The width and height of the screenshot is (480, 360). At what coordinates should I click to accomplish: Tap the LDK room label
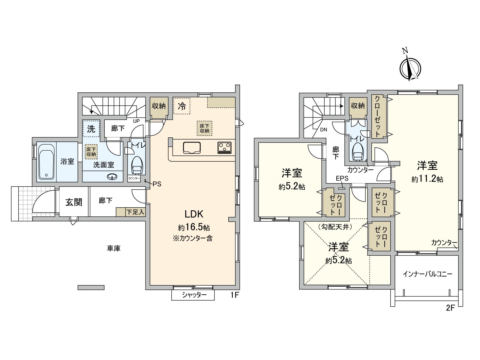[194, 214]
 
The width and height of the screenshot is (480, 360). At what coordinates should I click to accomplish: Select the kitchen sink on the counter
[192, 148]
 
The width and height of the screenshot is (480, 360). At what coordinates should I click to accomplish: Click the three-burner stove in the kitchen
[224, 148]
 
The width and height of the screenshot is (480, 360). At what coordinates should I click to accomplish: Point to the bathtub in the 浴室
[46, 161]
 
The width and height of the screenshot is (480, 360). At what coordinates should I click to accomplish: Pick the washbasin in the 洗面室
[112, 177]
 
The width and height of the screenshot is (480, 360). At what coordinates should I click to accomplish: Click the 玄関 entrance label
[74, 202]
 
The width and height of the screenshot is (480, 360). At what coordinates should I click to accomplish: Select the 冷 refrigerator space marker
[182, 106]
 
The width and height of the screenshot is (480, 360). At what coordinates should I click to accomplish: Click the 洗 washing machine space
[91, 128]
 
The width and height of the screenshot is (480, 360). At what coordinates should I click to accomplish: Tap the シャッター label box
[193, 295]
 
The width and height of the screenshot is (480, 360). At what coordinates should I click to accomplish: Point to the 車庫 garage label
[114, 248]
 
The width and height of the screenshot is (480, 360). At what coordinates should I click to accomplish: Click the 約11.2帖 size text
[427, 179]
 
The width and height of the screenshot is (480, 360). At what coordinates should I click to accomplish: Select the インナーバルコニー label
[427, 274]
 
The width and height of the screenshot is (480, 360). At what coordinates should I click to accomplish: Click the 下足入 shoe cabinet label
[136, 212]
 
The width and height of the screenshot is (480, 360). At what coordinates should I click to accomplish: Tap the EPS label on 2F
[342, 178]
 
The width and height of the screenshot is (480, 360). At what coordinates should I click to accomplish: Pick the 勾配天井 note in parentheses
[335, 227]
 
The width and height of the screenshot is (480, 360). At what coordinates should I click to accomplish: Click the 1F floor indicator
[234, 295]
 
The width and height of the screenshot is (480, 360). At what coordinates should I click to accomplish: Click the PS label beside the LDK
[157, 184]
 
